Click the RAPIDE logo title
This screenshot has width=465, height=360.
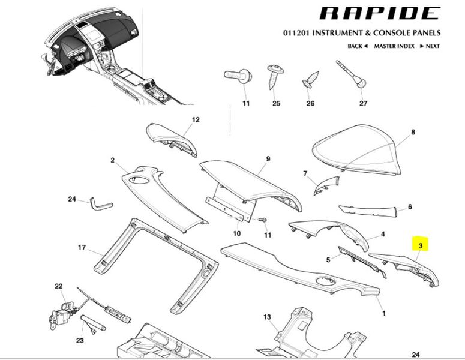coord(379,13)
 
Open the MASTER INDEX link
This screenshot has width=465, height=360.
coord(394,46)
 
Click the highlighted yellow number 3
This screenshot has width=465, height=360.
coord(421,245)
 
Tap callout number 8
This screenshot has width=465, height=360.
coord(413,131)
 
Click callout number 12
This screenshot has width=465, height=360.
coord(195,120)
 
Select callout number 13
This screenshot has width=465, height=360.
coord(268,316)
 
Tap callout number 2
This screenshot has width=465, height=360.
coord(112,160)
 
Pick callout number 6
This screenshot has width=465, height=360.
coord(410,207)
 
